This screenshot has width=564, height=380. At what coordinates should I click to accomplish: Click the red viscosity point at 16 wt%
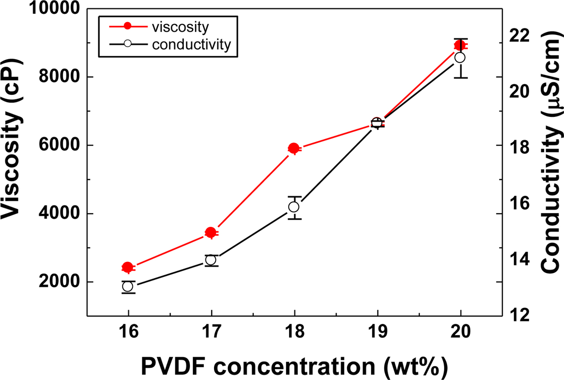coord(128,267)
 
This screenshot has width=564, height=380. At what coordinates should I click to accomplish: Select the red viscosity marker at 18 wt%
coord(294,149)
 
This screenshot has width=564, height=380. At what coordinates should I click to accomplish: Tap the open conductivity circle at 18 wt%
coord(294,207)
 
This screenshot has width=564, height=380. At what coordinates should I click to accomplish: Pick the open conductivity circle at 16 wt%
coord(128,286)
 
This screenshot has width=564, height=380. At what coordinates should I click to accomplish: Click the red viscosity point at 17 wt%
coord(211,232)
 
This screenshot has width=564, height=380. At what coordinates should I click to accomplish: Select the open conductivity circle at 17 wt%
coord(211,260)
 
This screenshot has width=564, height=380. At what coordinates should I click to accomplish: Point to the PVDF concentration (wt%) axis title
coord(294,367)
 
